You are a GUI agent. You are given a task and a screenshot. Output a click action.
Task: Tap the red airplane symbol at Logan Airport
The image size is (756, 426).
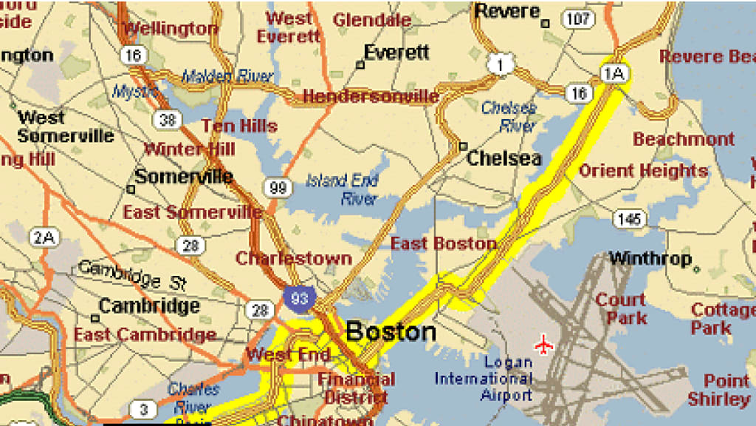coord(544,344)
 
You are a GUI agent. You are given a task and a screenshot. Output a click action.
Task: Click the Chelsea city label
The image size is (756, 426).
coord(504,158)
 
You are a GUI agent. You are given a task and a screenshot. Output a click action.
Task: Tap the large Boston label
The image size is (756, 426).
coord(391,331)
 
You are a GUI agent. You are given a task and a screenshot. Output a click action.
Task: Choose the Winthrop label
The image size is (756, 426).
coord(650,259)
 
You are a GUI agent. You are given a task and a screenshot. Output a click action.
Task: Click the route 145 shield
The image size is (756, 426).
coord(629,218)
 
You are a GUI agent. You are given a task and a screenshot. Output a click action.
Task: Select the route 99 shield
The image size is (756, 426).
coord(278,188)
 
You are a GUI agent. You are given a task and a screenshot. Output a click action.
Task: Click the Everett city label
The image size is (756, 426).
coord(396,53)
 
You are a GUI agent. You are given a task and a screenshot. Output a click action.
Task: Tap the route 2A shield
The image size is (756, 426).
coord(44,237)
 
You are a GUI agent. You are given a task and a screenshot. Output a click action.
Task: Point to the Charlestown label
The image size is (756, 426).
coord(293,259)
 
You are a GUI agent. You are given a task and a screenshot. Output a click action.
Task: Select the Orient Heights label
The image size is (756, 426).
coord(643,171)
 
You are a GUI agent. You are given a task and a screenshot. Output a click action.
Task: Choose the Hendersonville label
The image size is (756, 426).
coord(371,96)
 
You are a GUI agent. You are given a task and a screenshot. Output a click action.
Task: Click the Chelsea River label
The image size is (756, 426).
coord(509,116)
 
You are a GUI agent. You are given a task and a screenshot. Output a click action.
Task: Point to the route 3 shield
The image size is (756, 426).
coord(143,409)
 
